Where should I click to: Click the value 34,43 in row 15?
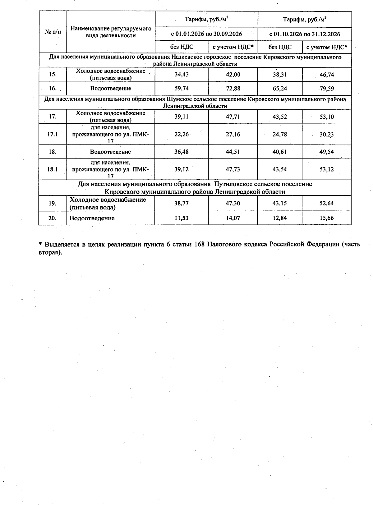[182, 75]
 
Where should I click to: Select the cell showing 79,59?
[326, 89]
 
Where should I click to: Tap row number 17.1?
[53, 135]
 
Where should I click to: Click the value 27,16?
[233, 135]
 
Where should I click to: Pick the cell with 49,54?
[326, 152]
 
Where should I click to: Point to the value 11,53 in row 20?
[182, 218]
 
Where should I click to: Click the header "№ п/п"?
[53, 32]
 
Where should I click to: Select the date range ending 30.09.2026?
[206, 34]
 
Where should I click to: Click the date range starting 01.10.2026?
[305, 34]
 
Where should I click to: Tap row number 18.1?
[53, 169]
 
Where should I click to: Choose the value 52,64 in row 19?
[326, 204]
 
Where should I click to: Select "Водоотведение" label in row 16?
[111, 89]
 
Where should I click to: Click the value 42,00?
[233, 75]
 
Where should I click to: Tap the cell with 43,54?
[279, 169]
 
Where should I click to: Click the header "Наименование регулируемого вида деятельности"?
[111, 32]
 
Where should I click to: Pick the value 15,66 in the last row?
[326, 218]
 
